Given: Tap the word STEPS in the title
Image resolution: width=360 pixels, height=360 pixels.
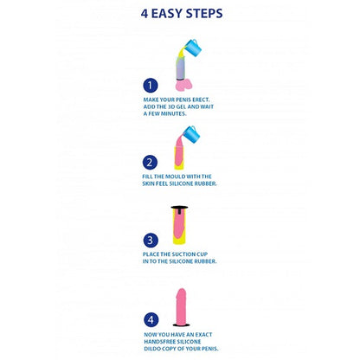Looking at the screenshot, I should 205,14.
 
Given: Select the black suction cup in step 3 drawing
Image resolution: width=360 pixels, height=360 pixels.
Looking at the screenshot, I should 180,209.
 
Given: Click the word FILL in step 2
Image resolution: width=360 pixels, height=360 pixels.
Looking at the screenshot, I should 150,176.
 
